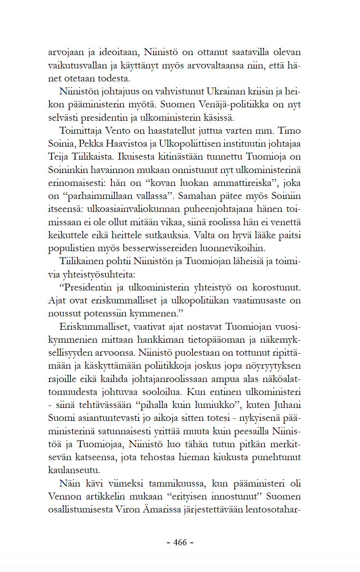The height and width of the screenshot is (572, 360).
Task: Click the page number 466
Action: (180, 542)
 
